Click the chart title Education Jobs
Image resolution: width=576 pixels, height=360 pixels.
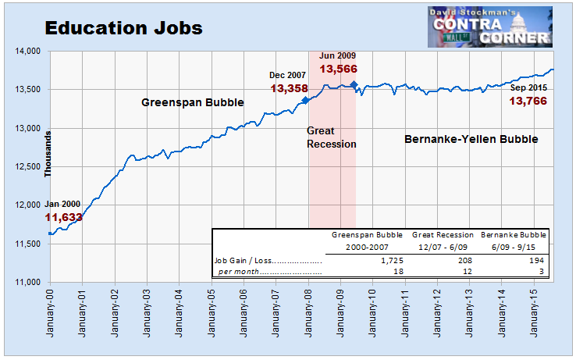click(x=123, y=28)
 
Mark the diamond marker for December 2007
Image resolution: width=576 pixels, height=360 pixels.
click(x=305, y=100)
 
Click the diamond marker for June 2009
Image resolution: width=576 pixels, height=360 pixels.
click(x=354, y=84)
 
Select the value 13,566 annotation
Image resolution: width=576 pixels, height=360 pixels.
click(x=337, y=69)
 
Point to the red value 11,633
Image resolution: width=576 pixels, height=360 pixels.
click(x=63, y=217)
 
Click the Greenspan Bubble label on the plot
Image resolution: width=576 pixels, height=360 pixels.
click(x=192, y=102)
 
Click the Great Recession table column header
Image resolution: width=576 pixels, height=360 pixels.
click(x=443, y=233)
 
